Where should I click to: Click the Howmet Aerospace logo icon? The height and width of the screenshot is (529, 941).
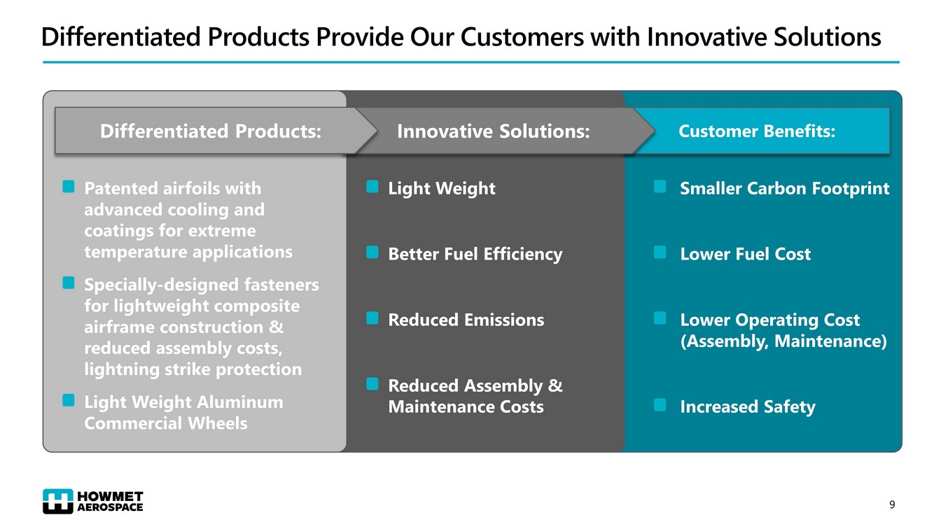point(58,501)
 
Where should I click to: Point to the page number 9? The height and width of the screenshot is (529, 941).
point(892,505)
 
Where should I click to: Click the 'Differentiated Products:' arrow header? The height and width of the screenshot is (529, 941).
point(210,131)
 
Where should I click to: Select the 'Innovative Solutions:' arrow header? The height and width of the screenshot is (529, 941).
point(494,131)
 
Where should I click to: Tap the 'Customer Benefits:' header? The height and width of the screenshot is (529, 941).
point(757,131)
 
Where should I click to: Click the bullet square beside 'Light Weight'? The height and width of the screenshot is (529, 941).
point(372,186)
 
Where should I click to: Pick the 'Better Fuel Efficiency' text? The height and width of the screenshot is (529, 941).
point(475,255)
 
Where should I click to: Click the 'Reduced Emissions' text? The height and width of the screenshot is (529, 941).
point(466,320)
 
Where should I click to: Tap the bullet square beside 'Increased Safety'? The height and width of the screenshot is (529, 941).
point(660,405)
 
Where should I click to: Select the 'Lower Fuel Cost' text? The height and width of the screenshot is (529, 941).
point(745,254)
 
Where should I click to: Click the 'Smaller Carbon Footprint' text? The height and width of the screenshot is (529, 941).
point(785,188)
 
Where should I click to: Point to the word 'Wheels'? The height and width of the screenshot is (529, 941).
point(218,423)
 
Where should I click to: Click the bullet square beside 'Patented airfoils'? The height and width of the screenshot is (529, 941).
point(69,186)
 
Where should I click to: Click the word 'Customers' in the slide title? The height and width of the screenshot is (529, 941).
point(522,37)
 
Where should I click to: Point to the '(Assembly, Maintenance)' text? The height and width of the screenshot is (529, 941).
point(783,341)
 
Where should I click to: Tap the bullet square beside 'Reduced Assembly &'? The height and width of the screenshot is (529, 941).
point(372,383)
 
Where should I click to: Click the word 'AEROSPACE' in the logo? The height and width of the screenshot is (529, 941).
point(110,507)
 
